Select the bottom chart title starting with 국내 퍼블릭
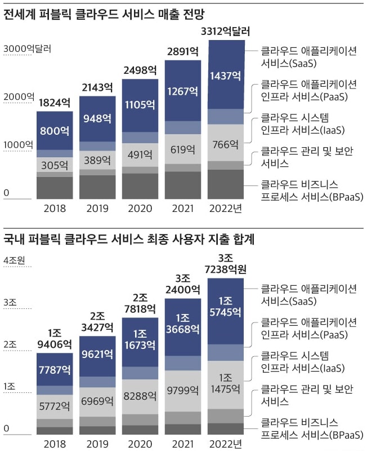pyautogui.click(x=129, y=239)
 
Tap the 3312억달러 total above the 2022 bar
pyautogui.click(x=226, y=30)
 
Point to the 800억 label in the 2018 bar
pyautogui.click(x=55, y=131)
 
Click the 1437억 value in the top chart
pyautogui.click(x=226, y=75)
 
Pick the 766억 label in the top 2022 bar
pyautogui.click(x=226, y=144)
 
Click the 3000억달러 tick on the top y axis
pyautogui.click(x=27, y=48)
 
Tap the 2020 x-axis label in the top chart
pyautogui.click(x=140, y=209)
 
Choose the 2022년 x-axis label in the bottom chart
pyautogui.click(x=226, y=444)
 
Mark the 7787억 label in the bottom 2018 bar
pyautogui.click(x=55, y=370)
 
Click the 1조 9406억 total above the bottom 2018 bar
pyautogui.click(x=55, y=337)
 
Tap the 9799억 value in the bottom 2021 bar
pyautogui.click(x=183, y=389)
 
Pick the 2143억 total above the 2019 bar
pyautogui.click(x=97, y=87)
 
